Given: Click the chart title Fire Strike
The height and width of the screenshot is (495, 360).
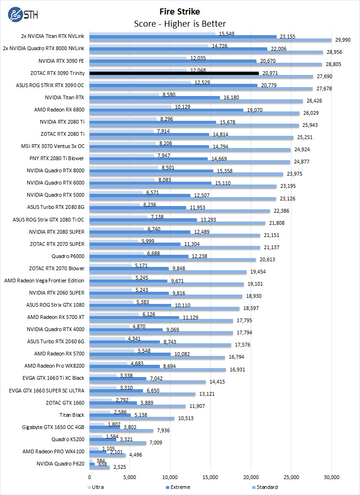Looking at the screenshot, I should pos(180,11).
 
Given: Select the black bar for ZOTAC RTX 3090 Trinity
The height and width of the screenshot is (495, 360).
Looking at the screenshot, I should pos(174,73).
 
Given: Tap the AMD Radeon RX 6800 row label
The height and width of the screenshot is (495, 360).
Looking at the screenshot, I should pos(59,110).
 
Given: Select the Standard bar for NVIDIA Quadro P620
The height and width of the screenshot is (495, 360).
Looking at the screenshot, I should pos(99,467).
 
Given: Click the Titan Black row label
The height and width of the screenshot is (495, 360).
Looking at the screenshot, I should pos(72,414).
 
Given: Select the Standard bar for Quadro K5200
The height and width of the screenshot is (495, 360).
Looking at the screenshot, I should pos(118,443).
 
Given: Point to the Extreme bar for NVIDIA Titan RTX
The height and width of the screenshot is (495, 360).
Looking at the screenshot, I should pos(155,97).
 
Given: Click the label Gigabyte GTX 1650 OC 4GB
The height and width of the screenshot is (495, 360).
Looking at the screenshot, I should pos(53,427).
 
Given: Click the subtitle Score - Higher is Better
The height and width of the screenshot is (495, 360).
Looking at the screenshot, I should pos(180,23).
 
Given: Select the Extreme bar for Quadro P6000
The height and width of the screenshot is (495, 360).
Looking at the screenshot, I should pos(139,256).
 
